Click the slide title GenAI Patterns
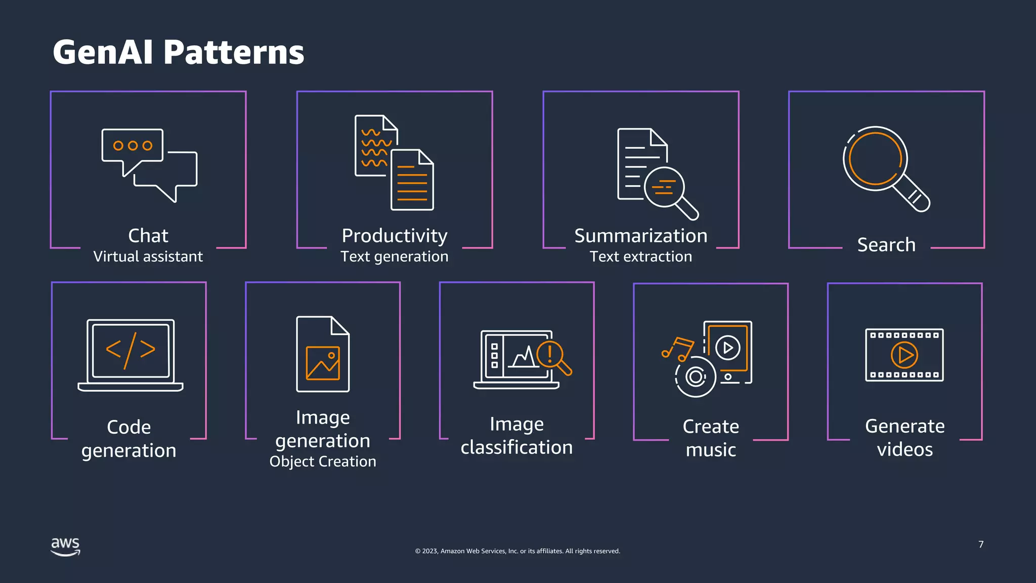click(x=178, y=52)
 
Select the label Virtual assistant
click(x=148, y=257)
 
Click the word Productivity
click(x=395, y=236)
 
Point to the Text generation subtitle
click(x=395, y=257)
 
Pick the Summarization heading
click(x=641, y=236)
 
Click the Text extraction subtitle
click(x=641, y=257)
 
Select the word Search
click(x=886, y=245)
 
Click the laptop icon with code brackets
click(x=131, y=354)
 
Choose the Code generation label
click(x=129, y=438)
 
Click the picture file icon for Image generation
click(x=323, y=354)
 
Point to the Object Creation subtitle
click(x=323, y=462)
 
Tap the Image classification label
click(x=516, y=435)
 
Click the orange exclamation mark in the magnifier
click(x=550, y=353)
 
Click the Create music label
click(x=711, y=438)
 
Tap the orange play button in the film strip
click(x=904, y=355)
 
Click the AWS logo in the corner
click(x=65, y=547)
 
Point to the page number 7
click(x=981, y=545)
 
